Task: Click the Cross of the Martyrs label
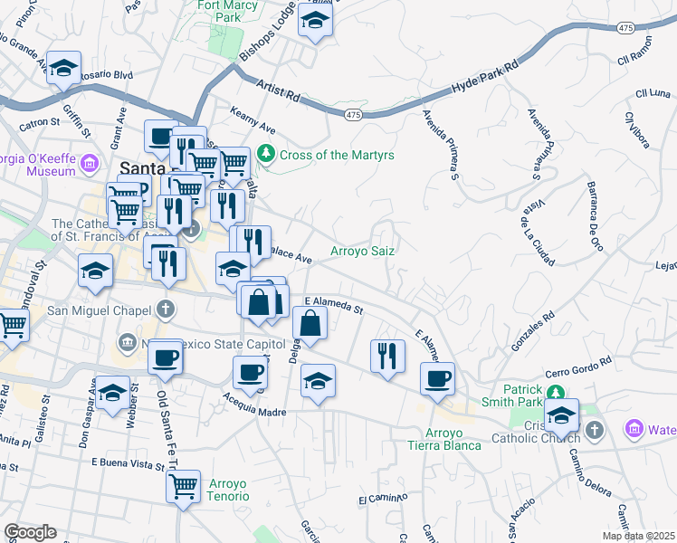337,155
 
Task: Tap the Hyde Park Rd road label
486,80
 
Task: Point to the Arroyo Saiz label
362,251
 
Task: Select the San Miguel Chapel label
99,310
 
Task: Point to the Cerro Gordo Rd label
579,374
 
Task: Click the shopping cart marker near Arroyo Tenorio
183,487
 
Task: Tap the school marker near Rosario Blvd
63,68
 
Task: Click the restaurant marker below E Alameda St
387,355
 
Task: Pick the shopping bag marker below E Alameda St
310,323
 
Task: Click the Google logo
30,532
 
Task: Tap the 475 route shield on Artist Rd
354,115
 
